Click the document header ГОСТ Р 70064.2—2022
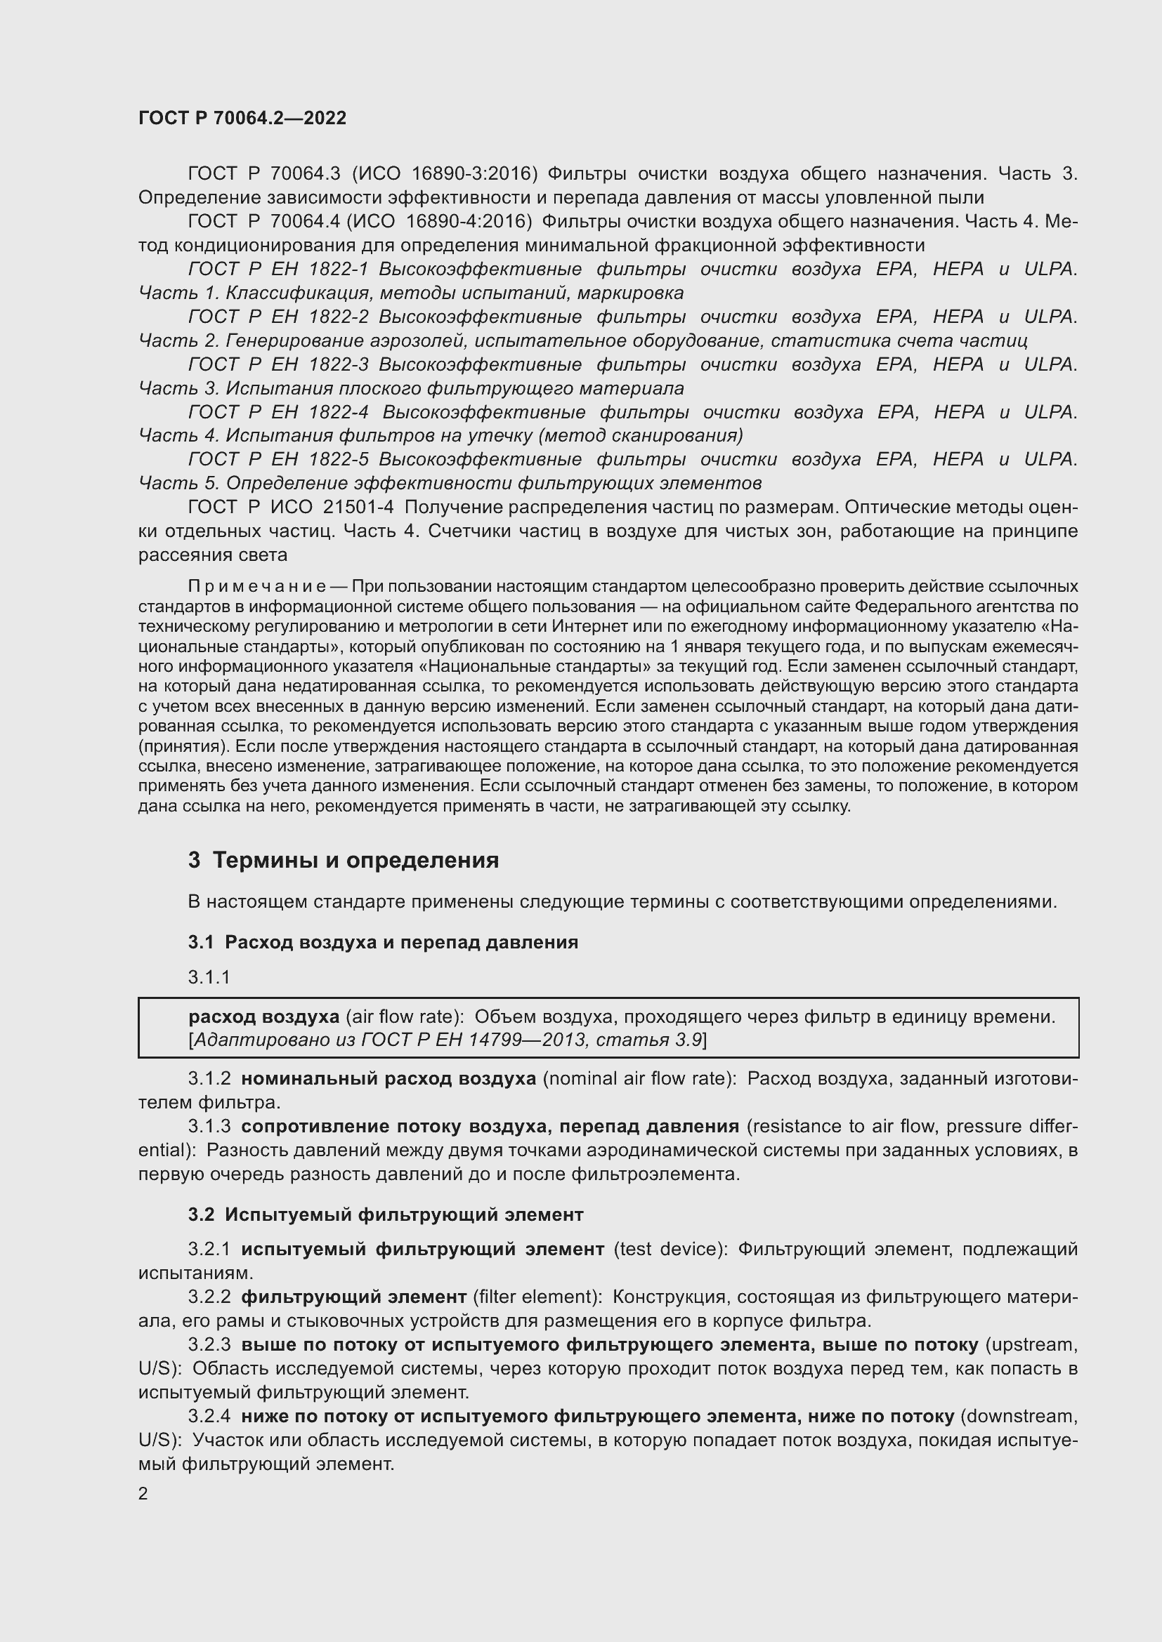tap(242, 118)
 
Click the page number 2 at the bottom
tap(143, 1493)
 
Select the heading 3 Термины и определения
tap(344, 860)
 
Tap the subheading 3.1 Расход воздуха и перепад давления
tap(383, 942)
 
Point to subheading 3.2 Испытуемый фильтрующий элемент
tap(386, 1214)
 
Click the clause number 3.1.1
tap(209, 977)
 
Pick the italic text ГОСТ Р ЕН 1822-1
tap(278, 269)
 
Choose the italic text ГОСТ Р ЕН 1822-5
tap(278, 459)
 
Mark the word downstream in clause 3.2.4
tap(1017, 1416)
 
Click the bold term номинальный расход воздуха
tap(388, 1078)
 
